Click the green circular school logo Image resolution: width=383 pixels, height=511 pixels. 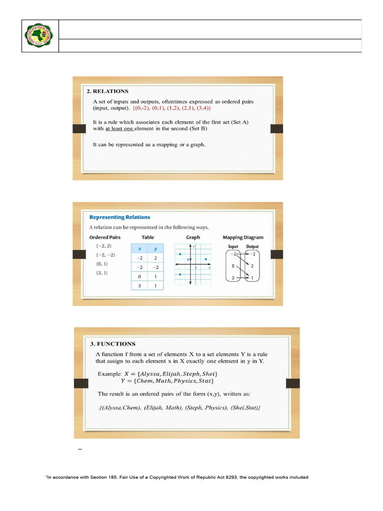point(40,36)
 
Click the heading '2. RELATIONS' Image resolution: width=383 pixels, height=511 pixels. point(111,91)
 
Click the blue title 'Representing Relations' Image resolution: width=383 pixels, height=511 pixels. point(120,217)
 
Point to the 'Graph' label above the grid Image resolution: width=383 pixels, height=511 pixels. point(193,238)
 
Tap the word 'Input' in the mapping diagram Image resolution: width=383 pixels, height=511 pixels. point(233,247)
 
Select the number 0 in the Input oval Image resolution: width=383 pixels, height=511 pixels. point(233,266)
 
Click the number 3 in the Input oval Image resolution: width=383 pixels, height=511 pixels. point(233,277)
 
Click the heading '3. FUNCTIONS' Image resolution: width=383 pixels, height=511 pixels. point(113,344)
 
